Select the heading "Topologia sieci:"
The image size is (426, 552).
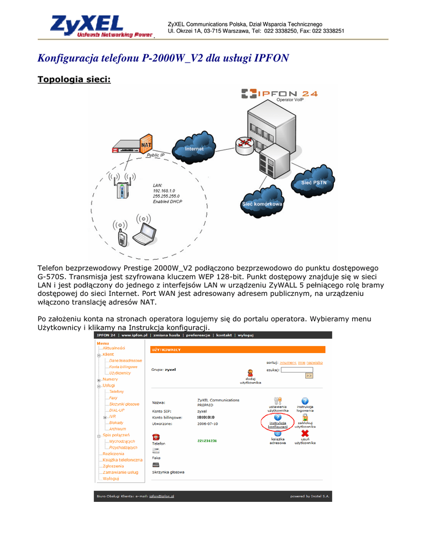coord(74,80)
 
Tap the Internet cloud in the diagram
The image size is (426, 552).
coord(194,148)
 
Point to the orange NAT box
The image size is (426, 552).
coord(145,145)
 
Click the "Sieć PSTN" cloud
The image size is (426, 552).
coord(312,182)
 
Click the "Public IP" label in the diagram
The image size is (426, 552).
coord(156,155)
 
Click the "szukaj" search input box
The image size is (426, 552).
coord(297,369)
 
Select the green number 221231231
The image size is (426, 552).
coord(207,440)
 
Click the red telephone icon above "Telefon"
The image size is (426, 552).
coord(156,437)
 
